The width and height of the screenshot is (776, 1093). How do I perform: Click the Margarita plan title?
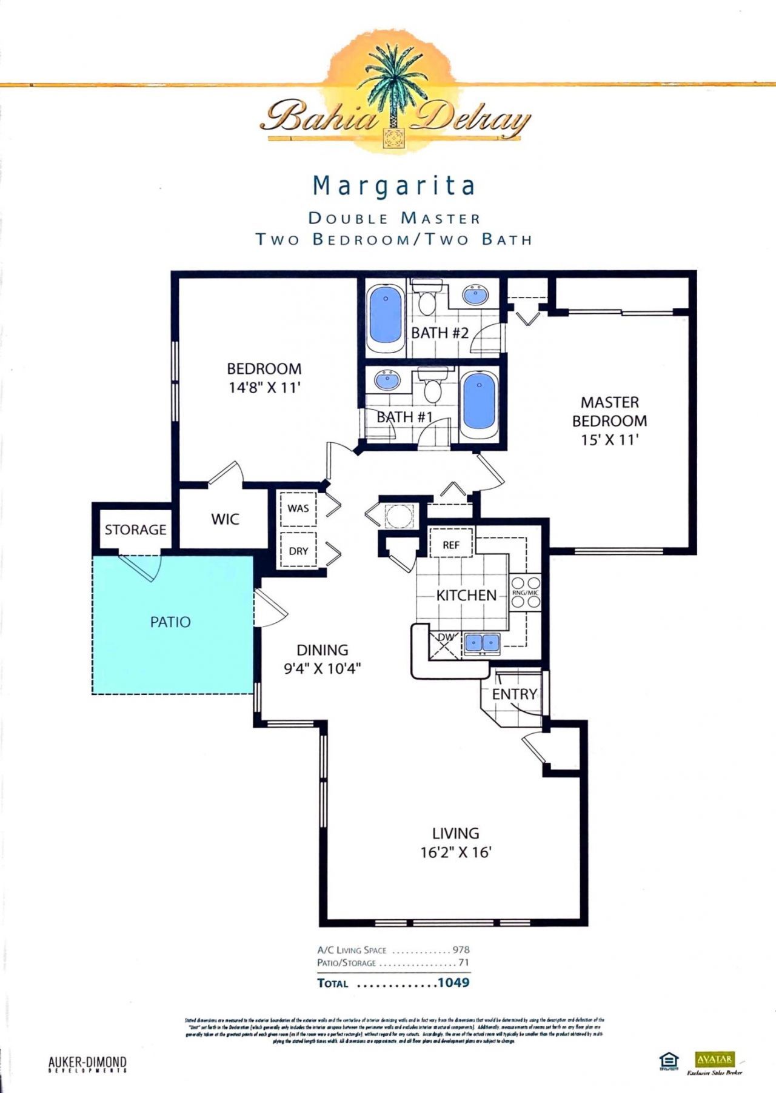(393, 186)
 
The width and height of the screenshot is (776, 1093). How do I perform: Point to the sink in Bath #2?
(475, 295)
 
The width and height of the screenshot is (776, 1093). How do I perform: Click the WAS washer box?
(298, 508)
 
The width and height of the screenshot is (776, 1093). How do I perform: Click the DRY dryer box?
(298, 551)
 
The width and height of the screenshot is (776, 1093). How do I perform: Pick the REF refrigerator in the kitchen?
(451, 545)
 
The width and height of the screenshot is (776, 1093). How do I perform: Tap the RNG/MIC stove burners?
(525, 593)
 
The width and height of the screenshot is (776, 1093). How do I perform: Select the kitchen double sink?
(482, 643)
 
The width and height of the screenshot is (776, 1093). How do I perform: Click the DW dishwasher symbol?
(446, 643)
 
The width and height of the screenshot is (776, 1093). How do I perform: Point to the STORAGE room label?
(135, 530)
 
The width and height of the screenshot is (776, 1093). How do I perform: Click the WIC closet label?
(225, 519)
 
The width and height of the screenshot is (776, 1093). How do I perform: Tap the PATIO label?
(170, 622)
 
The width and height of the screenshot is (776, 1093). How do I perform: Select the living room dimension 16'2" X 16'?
(456, 852)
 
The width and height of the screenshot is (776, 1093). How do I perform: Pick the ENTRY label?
(514, 694)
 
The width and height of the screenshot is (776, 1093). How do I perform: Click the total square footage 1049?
(453, 982)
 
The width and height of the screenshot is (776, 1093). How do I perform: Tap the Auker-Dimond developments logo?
(87, 1065)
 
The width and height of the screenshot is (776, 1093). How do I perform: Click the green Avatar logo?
(714, 1059)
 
